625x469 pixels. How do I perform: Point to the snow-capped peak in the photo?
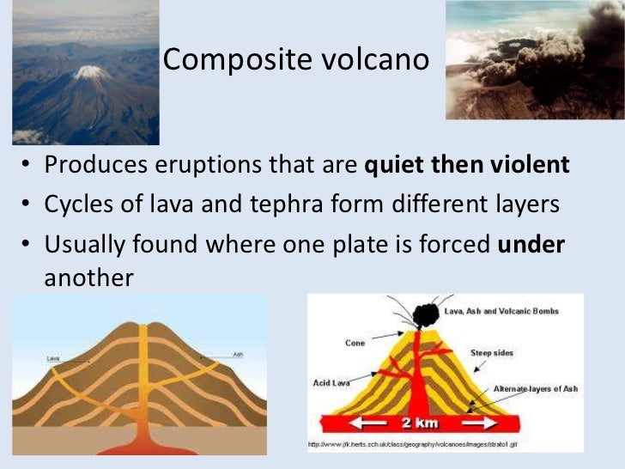tap(91, 72)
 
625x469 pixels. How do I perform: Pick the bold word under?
tap(531, 246)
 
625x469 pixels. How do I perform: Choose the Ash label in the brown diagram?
tap(237, 353)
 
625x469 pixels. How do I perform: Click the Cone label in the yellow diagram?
tap(355, 343)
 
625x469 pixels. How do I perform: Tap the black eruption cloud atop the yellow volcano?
tap(424, 315)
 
